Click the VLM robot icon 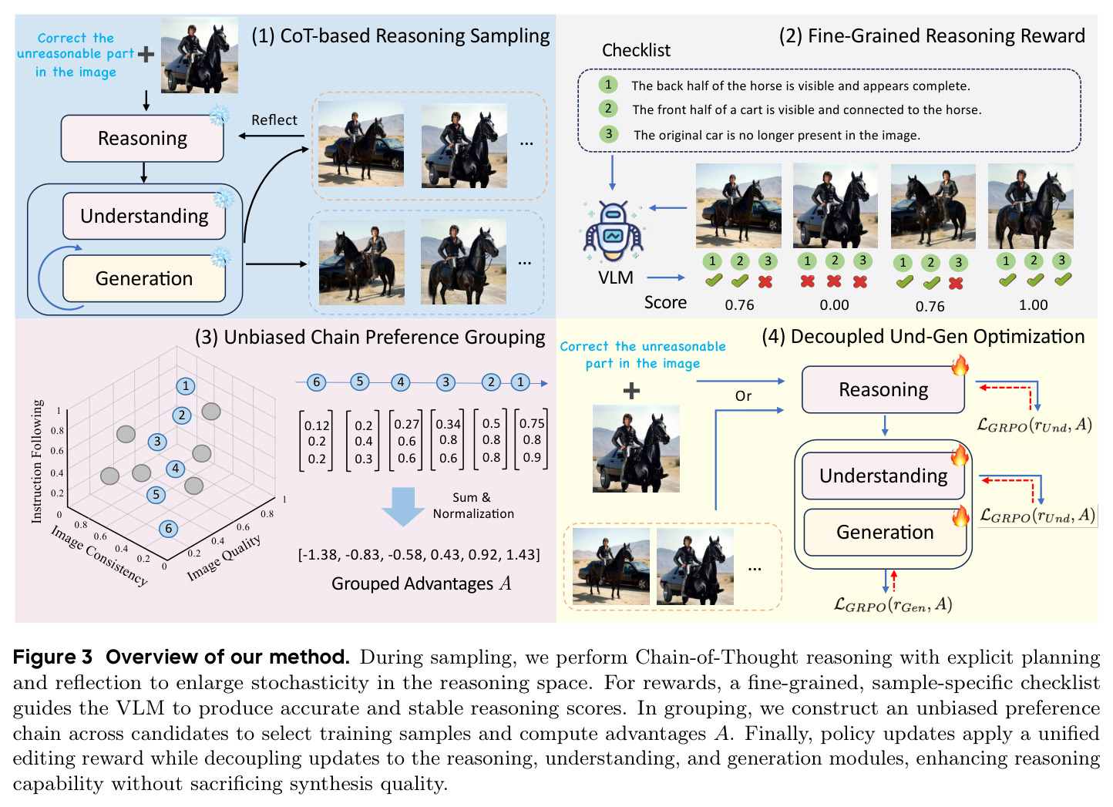tap(614, 231)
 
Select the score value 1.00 tap(1033, 304)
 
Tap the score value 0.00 tap(834, 304)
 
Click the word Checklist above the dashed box tap(636, 50)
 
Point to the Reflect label tap(274, 119)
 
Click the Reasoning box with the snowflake tap(142, 138)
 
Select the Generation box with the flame tap(884, 532)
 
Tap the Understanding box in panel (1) tap(144, 216)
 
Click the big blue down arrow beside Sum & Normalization tap(403, 506)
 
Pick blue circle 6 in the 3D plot tap(169, 528)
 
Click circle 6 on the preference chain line tap(317, 382)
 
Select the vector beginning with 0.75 tap(532, 440)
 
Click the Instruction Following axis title tap(37, 461)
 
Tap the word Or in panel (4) tap(743, 396)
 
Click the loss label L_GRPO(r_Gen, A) tap(893, 605)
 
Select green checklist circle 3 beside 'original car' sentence tap(608, 133)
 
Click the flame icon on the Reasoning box tap(960, 366)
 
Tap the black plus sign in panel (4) tap(631, 391)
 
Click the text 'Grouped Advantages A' tap(422, 583)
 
